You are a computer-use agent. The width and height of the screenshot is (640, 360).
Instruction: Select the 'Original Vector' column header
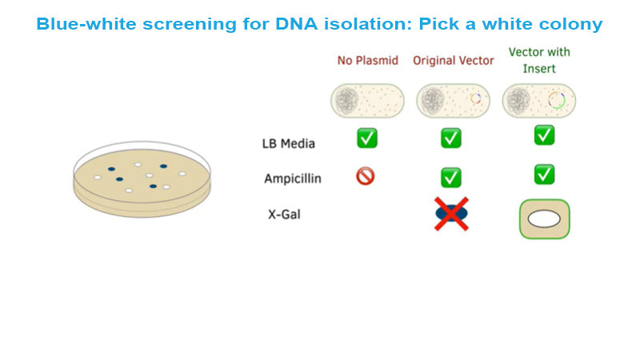(454, 61)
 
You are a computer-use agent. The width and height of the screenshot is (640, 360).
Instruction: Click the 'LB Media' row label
(288, 144)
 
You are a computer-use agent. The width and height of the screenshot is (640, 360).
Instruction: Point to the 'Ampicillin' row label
(293, 178)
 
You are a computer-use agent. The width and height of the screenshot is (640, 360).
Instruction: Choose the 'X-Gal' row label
(285, 214)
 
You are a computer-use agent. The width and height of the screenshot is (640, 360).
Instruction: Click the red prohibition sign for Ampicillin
(366, 176)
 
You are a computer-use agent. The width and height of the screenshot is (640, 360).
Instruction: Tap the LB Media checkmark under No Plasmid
(366, 138)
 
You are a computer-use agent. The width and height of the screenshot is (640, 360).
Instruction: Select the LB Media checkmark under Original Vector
(451, 138)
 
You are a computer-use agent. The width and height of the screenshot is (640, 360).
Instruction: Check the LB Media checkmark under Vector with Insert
(544, 134)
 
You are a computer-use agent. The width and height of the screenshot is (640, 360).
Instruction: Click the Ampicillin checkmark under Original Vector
(451, 177)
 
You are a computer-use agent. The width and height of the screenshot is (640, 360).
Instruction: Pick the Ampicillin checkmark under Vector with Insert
(544, 174)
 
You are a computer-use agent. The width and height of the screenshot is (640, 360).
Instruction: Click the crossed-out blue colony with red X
(451, 214)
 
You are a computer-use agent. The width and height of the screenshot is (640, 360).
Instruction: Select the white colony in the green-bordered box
(544, 219)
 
